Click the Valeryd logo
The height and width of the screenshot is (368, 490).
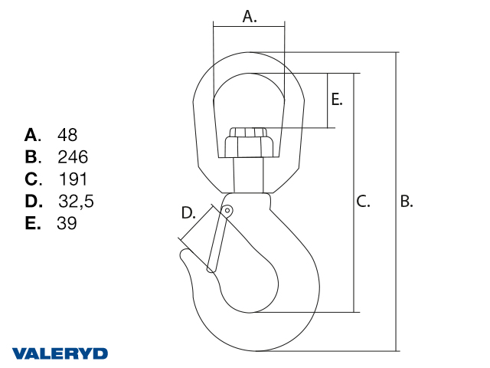pos(60,353)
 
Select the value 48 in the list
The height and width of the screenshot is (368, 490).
pos(67,135)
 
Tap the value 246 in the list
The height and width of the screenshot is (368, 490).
pos(73,157)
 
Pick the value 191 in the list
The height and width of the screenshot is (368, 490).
pos(73,179)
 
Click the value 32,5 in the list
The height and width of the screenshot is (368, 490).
pos(76,201)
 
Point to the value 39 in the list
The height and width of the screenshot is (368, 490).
pos(67,223)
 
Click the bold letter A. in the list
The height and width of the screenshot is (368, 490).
pos(33,135)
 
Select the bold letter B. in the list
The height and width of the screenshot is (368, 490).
pos(33,157)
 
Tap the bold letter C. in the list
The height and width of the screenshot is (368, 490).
pos(34,179)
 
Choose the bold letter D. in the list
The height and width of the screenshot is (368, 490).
pos(34,201)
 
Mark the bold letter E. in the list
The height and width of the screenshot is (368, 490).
pos(33,223)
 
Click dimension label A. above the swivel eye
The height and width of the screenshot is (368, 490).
pos(250,17)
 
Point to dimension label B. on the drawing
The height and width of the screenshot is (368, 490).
pos(407,201)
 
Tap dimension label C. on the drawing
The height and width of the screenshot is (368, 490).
pos(363,201)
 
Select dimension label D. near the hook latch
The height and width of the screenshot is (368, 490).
pos(188,213)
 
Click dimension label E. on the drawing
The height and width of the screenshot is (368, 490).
pos(337,100)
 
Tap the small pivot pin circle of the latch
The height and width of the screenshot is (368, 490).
pos(227,210)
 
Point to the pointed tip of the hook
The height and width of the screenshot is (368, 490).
pos(184,252)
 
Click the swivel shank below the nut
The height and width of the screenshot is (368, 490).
pos(249,175)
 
